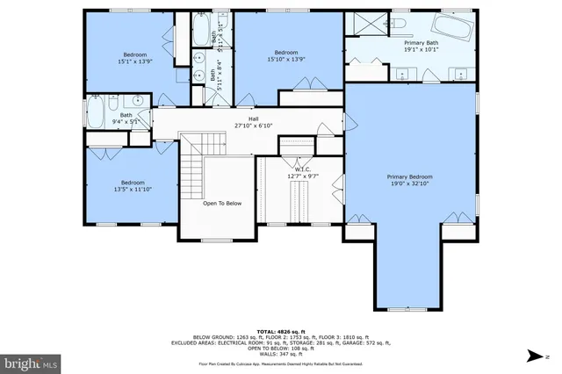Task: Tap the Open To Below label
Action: (x=222, y=204)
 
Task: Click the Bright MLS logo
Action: (x=31, y=362)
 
